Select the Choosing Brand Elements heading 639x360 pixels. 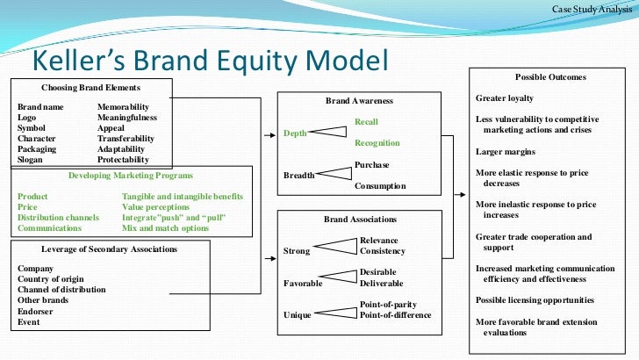(90, 88)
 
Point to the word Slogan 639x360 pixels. (31, 160)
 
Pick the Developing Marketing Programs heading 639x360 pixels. (131, 176)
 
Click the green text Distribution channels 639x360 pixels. (59, 217)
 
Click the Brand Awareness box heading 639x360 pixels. (359, 101)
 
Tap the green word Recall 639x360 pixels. (366, 121)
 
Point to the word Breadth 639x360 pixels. (298, 176)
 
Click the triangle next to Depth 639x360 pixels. (330, 133)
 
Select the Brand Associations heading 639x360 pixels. (359, 219)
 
